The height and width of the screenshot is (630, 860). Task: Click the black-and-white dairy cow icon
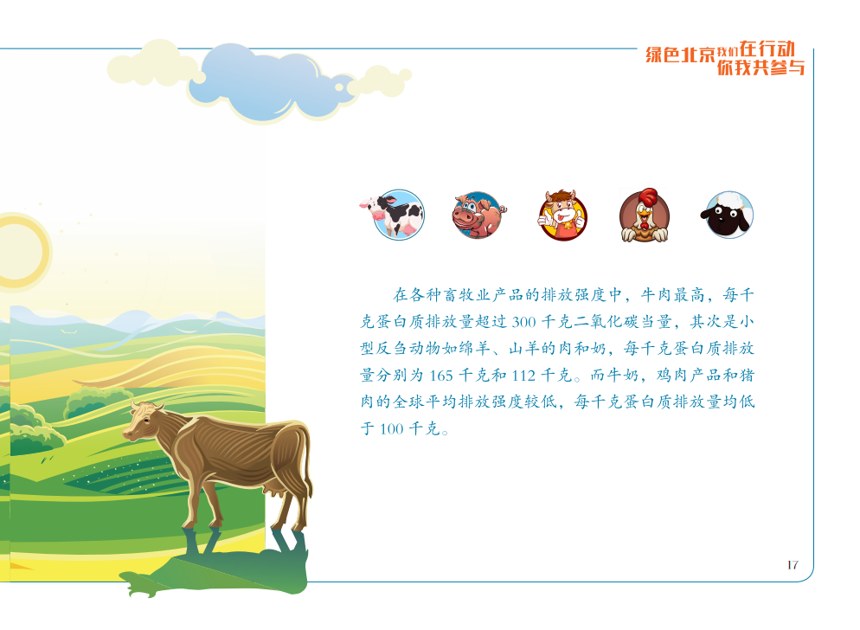tap(393, 215)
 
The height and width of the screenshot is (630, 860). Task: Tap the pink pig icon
tap(478, 215)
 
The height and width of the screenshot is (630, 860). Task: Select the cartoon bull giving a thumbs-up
tap(562, 215)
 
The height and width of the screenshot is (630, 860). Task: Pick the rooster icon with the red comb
tap(645, 215)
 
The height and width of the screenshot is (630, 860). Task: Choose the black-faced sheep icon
tap(728, 215)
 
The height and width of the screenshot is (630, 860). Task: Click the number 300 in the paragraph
tap(523, 322)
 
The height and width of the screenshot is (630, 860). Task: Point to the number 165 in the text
tap(441, 376)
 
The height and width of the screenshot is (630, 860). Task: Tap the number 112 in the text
tap(523, 376)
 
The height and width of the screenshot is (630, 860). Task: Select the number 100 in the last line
tap(391, 429)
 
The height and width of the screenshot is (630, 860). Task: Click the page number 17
tap(793, 565)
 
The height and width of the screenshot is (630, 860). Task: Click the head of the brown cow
tap(143, 420)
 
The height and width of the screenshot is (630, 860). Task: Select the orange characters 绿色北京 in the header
tap(680, 55)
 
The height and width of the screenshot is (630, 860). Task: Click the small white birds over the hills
tap(68, 331)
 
